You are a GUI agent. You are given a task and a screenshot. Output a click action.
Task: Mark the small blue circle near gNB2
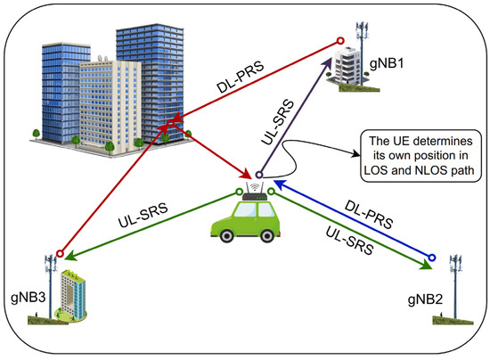point(432,258)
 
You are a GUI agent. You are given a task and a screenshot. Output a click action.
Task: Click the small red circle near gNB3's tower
point(60,252)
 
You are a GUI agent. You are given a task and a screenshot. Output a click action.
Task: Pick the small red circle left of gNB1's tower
point(339,40)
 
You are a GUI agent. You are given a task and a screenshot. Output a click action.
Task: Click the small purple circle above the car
point(259,175)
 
